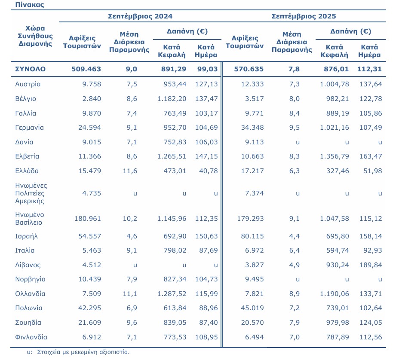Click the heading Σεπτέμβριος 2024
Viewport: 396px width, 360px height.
coord(140,16)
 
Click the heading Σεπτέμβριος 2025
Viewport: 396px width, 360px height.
coord(304,16)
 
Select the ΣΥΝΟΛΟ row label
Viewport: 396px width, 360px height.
coord(30,69)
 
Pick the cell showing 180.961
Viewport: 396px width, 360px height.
coord(88,219)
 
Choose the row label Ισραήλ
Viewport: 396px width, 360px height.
coord(27,236)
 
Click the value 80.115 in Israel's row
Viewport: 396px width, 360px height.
coord(252,236)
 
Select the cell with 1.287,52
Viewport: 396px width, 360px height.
coord(171,294)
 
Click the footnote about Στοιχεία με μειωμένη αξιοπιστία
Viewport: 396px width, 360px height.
coord(78,352)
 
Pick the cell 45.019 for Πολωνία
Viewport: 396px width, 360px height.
coord(252,308)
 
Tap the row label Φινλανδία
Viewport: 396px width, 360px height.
coord(31,337)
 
